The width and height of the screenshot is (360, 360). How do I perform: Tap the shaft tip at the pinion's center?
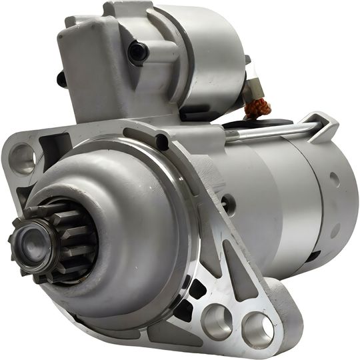click(x=31, y=236)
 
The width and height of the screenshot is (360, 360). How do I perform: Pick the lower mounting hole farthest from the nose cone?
click(x=257, y=330)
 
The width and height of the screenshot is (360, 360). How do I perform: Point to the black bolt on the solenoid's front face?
click(x=137, y=51)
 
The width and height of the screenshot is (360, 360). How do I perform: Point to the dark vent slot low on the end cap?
click(x=313, y=254)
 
